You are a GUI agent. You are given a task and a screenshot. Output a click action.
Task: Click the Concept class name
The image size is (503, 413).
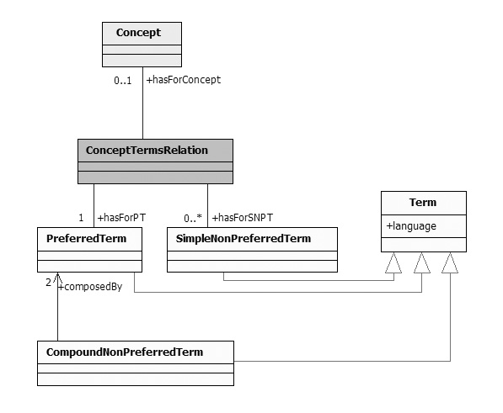click(138, 33)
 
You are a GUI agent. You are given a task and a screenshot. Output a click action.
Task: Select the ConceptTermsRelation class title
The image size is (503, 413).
click(147, 151)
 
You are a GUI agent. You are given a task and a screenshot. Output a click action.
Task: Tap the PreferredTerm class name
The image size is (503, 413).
click(86, 239)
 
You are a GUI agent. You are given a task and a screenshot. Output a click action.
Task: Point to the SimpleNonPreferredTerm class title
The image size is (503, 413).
click(243, 239)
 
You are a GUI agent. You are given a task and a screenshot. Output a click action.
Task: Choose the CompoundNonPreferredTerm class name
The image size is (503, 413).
click(125, 352)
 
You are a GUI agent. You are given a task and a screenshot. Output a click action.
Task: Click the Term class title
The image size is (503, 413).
click(423, 203)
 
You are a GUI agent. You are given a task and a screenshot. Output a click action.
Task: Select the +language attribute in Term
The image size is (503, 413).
click(411, 226)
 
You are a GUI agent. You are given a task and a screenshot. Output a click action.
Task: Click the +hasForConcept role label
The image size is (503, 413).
click(184, 80)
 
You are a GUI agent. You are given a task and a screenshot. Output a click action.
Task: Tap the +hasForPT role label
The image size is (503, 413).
click(121, 218)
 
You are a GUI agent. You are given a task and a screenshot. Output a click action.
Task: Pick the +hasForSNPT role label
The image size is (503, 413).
click(243, 218)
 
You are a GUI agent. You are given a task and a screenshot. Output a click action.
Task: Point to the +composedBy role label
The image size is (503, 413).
click(90, 287)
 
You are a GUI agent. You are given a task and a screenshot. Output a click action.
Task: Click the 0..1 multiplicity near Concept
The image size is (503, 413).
click(123, 81)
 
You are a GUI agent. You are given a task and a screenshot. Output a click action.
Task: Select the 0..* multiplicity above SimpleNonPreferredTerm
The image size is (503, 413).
click(193, 218)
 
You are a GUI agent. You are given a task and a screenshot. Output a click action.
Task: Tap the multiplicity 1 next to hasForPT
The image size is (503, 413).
click(81, 218)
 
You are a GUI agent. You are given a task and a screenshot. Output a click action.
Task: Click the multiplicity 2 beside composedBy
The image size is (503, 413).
click(48, 283)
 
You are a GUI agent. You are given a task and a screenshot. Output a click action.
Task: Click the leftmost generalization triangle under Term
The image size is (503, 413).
click(393, 262)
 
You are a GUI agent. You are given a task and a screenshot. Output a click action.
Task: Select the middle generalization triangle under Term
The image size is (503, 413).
click(422, 262)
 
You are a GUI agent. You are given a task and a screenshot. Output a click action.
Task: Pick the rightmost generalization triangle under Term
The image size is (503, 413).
click(450, 262)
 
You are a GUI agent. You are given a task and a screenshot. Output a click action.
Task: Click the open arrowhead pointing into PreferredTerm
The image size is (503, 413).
click(58, 278)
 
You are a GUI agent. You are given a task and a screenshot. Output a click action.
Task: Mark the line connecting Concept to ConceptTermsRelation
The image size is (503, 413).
click(142, 103)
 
